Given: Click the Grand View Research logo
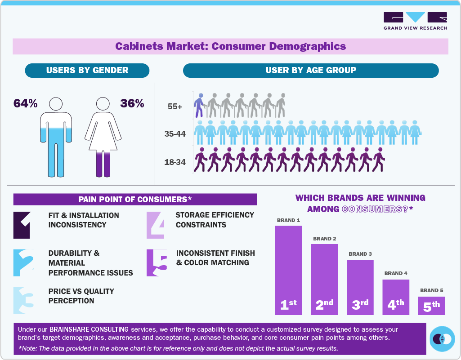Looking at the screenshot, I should tap(415, 21).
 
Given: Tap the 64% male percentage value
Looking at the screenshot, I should tap(25, 103).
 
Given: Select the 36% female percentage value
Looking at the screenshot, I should tap(132, 103).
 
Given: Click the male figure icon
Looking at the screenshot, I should tap(56, 137).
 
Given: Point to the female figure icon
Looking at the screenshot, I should tap(103, 137).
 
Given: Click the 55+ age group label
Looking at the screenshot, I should tap(175, 106).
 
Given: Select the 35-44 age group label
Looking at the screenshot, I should tap(175, 133).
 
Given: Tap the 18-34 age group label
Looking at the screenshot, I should tap(175, 162).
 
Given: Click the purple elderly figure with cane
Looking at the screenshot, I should tap(199, 105).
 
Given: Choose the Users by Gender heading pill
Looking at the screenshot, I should tap(87, 70).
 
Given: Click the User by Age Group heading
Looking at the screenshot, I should tap(310, 70).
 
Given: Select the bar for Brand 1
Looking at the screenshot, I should tap(288, 270).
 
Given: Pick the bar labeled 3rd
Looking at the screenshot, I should tap(360, 287).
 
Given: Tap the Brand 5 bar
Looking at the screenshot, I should tap(431, 306).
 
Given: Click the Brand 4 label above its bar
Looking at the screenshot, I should tap(396, 273).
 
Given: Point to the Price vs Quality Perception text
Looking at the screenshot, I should tap(81, 296).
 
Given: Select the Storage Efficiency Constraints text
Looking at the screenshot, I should tap(215, 220).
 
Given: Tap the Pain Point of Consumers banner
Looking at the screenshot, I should tap(135, 199).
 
